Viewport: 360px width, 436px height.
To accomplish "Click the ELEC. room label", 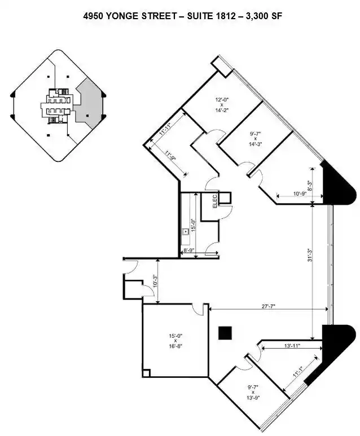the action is click(215, 201).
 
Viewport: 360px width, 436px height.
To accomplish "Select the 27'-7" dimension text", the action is click(268, 306).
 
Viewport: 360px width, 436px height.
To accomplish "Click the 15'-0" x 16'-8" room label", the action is click(175, 341).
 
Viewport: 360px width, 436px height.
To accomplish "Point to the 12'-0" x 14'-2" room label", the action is click(222, 104).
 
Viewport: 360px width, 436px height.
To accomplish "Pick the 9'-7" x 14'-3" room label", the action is click(256, 139).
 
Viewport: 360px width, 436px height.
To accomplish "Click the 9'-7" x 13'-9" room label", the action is click(253, 392).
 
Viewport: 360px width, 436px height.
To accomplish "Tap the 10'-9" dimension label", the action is click(300, 193).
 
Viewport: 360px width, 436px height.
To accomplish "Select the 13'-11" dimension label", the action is click(292, 346).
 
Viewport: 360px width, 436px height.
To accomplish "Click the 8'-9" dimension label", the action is click(189, 250).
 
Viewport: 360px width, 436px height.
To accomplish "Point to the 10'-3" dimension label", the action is click(155, 281).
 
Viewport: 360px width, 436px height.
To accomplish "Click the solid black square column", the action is click(225, 333).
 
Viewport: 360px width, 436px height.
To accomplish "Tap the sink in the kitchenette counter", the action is click(185, 231).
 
